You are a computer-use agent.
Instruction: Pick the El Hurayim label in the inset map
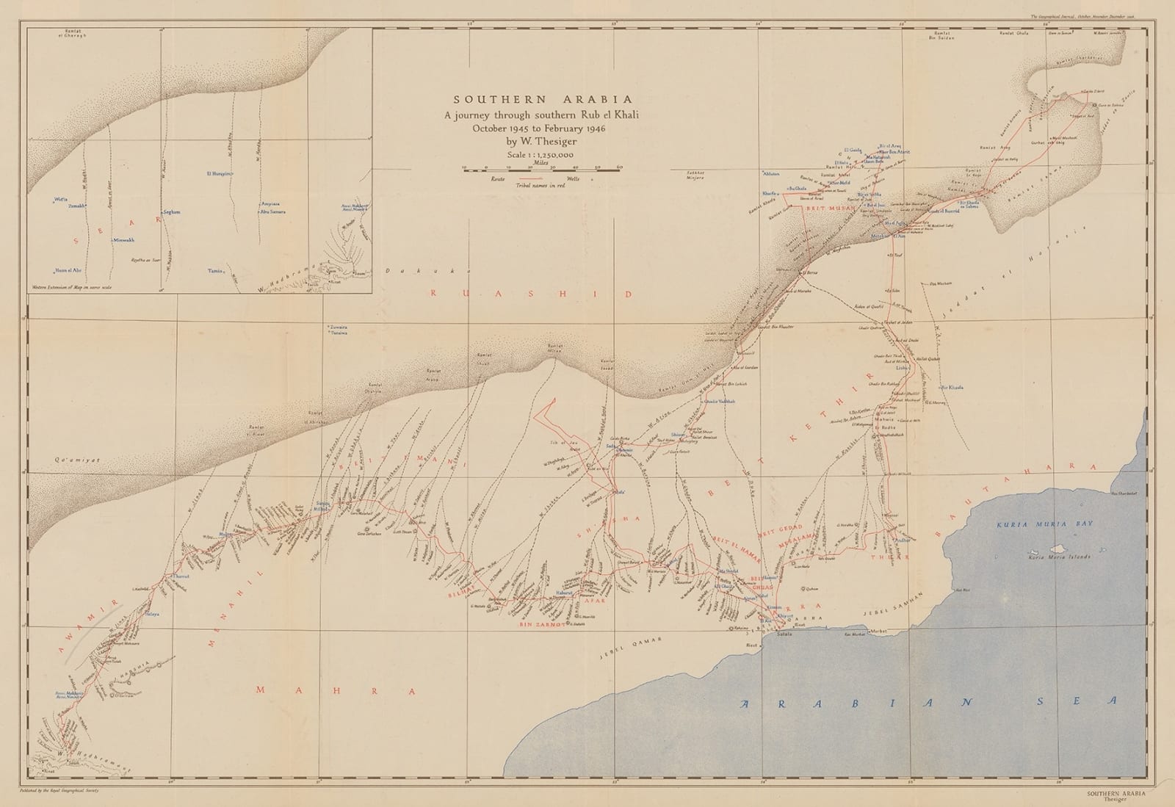coord(218,174)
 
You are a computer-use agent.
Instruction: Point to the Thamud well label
coord(181,577)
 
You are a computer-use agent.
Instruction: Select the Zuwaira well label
coord(337,325)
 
